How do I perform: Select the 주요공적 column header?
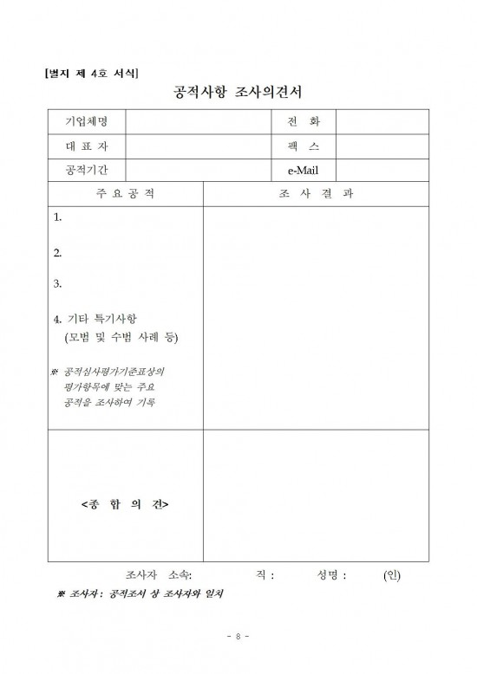(125, 193)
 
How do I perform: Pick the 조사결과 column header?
(317, 193)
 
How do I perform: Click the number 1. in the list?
(57, 217)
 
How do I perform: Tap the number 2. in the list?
(57, 254)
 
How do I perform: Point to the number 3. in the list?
(57, 283)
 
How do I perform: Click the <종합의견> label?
(125, 503)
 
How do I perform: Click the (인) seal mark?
(391, 574)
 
